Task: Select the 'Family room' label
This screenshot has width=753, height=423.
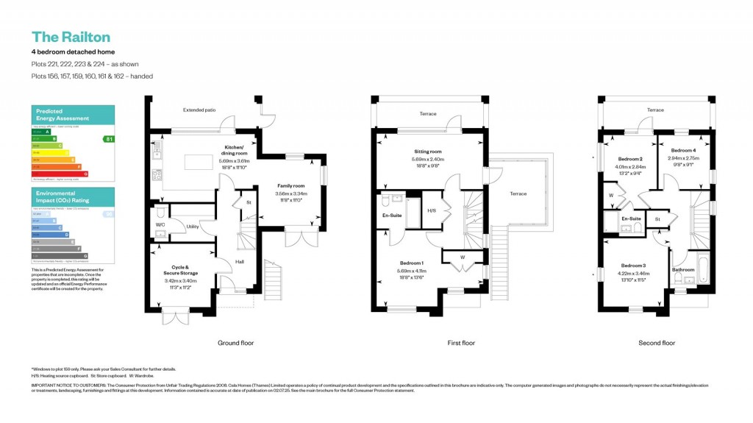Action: coord(290,186)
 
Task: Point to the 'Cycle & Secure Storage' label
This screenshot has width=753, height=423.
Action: coord(181,270)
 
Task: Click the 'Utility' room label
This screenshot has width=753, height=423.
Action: coord(193,227)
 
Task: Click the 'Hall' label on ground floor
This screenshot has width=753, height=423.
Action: coord(240,261)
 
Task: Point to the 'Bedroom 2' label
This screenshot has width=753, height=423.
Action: coord(630,159)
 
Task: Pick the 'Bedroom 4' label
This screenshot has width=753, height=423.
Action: coord(683,150)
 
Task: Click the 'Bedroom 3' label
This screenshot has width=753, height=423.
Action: coord(633,265)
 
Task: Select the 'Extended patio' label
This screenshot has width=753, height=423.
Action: coord(199,110)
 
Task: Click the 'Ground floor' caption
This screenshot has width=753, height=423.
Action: coord(235,343)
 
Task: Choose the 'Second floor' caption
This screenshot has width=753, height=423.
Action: coord(657,343)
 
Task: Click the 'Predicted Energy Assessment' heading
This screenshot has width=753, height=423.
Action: coord(63,115)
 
